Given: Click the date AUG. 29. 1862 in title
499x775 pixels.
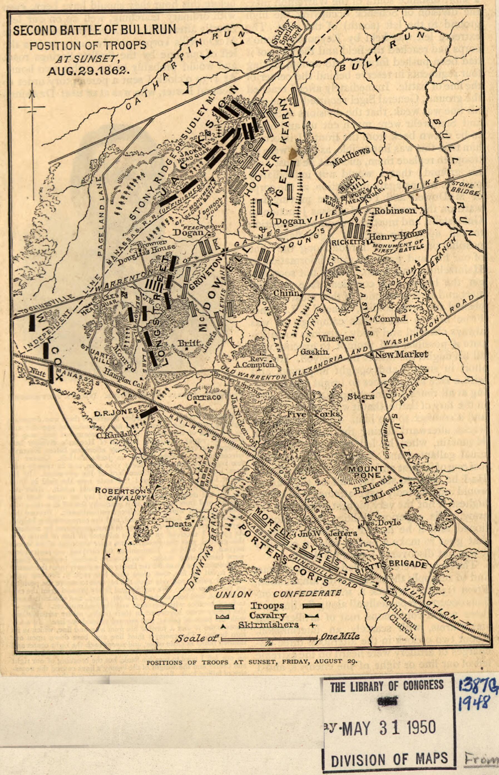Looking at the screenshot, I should click(x=88, y=71).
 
